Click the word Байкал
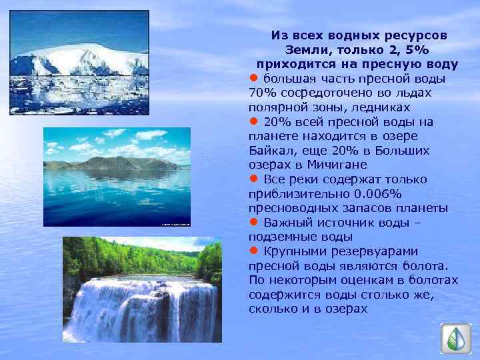pos(269,150)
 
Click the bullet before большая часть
pos(253,78)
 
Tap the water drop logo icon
pos(457,339)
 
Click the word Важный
pos(287,223)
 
